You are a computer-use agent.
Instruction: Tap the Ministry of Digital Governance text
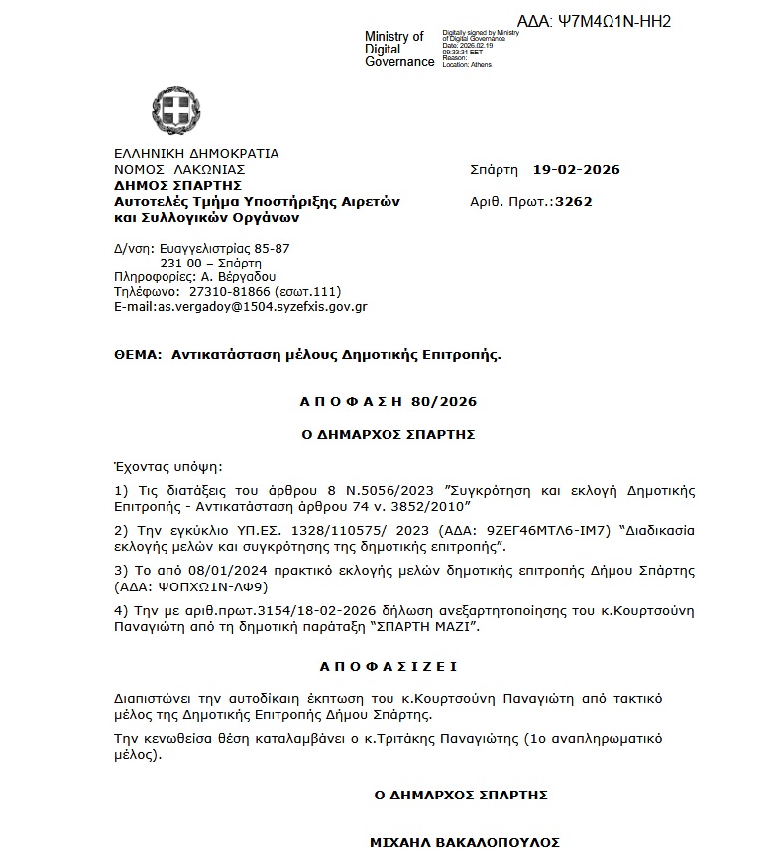(x=398, y=50)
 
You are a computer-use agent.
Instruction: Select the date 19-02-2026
(x=576, y=169)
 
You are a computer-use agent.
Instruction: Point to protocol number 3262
(x=574, y=201)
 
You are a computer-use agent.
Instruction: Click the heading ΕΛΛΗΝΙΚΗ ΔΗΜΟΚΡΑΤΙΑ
(x=196, y=154)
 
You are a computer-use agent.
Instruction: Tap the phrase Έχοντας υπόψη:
(x=168, y=464)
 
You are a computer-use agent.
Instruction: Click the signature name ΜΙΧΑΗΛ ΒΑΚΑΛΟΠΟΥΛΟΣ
(x=464, y=842)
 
